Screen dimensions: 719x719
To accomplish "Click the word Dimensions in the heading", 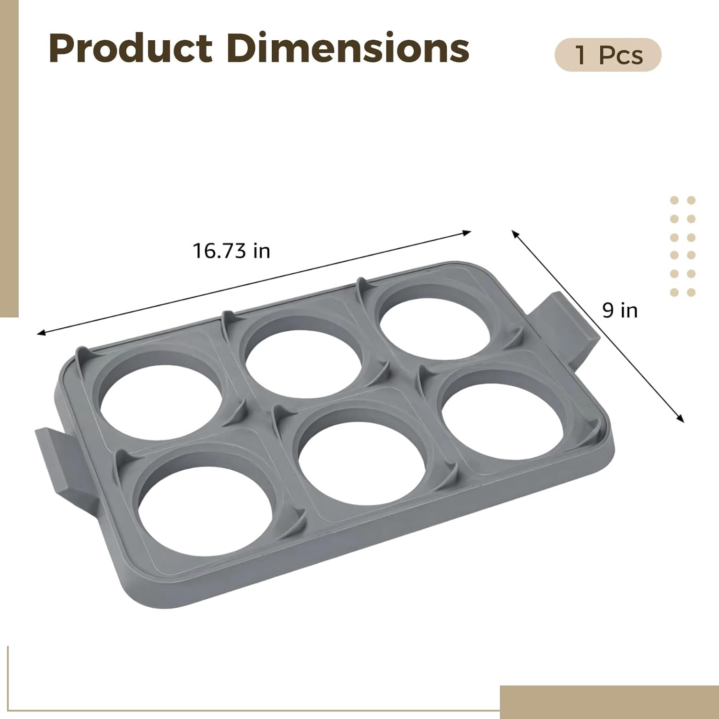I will click(348, 48).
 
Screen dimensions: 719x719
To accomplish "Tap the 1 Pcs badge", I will click(608, 55).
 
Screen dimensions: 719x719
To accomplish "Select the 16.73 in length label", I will click(232, 251).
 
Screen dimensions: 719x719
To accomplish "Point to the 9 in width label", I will click(620, 311).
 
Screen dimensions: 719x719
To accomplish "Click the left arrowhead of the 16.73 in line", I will click(41, 332).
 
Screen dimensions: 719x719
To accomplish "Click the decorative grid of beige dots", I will click(683, 246).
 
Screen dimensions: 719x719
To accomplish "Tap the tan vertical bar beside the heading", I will click(9, 158).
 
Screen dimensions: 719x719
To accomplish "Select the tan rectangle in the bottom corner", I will click(609, 702).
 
